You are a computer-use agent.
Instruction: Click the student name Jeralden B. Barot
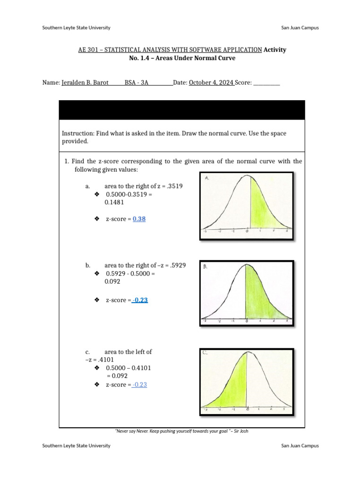85,82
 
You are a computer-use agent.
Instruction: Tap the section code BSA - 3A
137,82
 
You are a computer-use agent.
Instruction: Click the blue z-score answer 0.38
139,219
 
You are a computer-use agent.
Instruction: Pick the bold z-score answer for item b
140,300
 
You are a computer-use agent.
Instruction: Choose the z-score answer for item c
140,385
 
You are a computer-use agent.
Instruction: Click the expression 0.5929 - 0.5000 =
130,274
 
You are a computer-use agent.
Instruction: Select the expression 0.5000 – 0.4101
129,368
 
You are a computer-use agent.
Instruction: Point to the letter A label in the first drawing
207,178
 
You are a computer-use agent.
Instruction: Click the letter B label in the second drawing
206,267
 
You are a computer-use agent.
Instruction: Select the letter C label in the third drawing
205,353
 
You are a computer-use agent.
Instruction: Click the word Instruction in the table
78,134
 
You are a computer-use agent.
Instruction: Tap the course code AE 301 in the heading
89,50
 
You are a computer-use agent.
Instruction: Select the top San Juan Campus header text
300,27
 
